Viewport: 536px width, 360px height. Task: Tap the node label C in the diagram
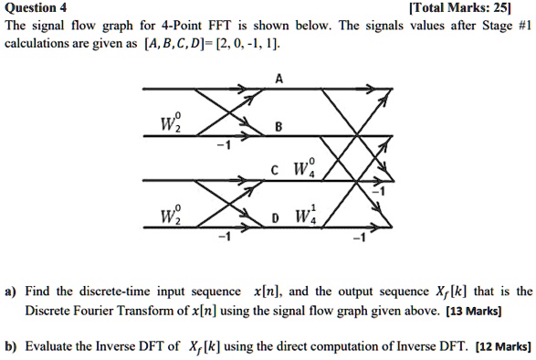274,167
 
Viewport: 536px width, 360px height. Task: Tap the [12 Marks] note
499,346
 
